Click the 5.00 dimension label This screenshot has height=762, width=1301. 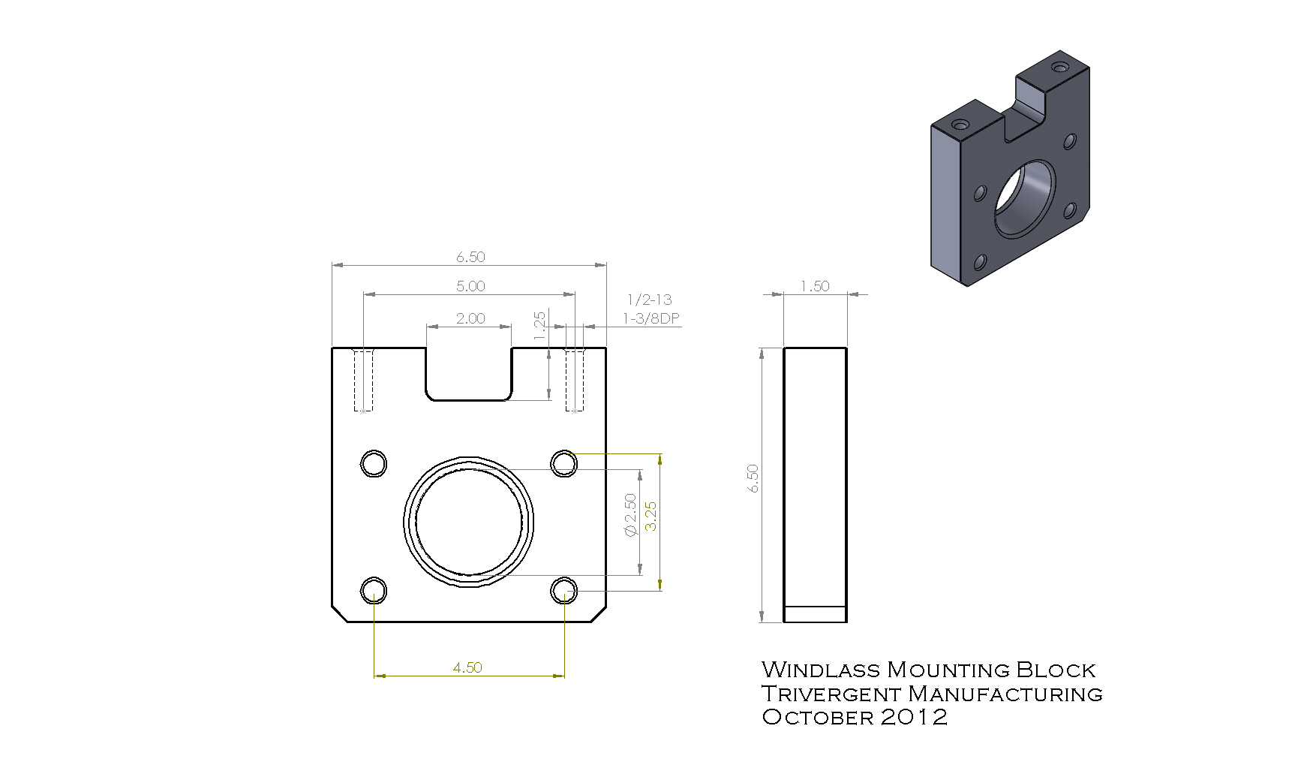pyautogui.click(x=470, y=286)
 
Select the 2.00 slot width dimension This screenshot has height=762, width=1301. pyautogui.click(x=470, y=318)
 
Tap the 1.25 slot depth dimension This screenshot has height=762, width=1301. pyautogui.click(x=539, y=326)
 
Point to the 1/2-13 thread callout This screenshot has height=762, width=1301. pyautogui.click(x=650, y=300)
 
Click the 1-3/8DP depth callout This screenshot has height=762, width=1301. pyautogui.click(x=651, y=318)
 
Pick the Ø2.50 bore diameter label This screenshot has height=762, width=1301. pyautogui.click(x=630, y=515)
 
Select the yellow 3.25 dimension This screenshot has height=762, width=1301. pyautogui.click(x=650, y=516)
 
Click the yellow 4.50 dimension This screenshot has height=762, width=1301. pyautogui.click(x=467, y=667)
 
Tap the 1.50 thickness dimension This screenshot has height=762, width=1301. pyautogui.click(x=815, y=286)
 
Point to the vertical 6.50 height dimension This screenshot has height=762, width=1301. pyautogui.click(x=753, y=478)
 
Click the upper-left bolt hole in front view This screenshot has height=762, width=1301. pyautogui.click(x=374, y=463)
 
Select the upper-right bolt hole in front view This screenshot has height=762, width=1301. pyautogui.click(x=564, y=463)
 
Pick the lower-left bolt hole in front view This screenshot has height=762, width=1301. pyautogui.click(x=374, y=591)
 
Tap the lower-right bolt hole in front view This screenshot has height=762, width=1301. pyautogui.click(x=564, y=591)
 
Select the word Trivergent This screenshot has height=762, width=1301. pyautogui.click(x=831, y=694)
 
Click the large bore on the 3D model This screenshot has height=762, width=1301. pyautogui.click(x=1024, y=198)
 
